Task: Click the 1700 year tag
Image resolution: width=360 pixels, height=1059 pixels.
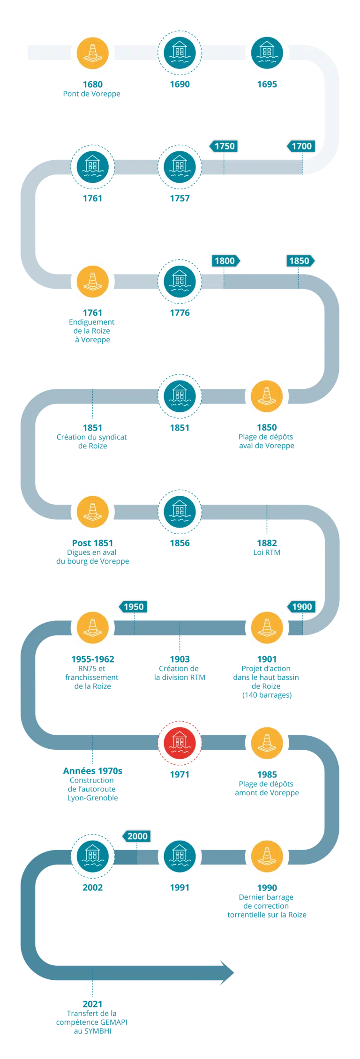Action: (x=302, y=146)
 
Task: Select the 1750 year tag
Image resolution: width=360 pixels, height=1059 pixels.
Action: (x=224, y=146)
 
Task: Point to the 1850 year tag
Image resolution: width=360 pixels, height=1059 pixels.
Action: (x=299, y=261)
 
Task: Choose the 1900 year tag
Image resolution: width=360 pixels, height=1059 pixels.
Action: (x=302, y=607)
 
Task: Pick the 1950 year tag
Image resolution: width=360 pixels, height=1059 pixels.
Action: (x=134, y=607)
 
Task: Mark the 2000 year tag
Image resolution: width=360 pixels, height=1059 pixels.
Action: (x=137, y=836)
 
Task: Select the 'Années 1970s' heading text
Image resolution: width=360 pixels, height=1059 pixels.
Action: (x=92, y=771)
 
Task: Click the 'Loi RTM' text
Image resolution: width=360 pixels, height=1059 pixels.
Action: (x=267, y=552)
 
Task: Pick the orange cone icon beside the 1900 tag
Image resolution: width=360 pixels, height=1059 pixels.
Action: (x=267, y=627)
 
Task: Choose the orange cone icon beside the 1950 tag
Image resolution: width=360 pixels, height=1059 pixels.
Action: (x=92, y=627)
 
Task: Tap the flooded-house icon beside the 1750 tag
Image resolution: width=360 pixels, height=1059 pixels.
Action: (x=180, y=167)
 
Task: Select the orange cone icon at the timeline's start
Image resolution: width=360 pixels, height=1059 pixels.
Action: (x=92, y=52)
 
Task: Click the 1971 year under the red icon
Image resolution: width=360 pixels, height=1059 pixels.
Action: (x=180, y=775)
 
